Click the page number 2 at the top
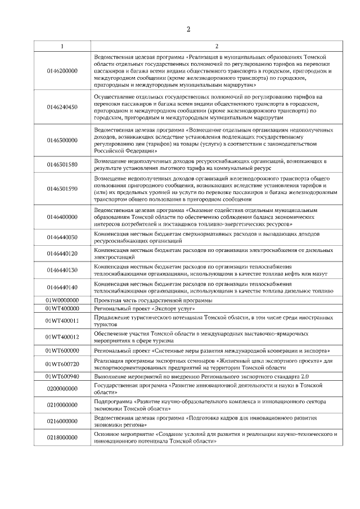tap(189, 29)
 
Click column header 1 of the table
tap(62, 46)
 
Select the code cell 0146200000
tap(62, 71)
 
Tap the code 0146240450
tap(62, 107)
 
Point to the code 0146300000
tap(62, 140)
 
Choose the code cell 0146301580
tap(62, 164)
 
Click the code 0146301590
tap(62, 188)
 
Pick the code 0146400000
tap(62, 217)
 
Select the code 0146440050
tap(62, 237)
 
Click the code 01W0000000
tap(62, 300)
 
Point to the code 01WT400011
tap(62, 321)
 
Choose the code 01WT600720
tap(62, 364)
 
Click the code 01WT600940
tap(62, 376)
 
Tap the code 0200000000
tap(62, 388)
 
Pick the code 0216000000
tap(62, 421)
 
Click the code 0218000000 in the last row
tap(62, 438)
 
